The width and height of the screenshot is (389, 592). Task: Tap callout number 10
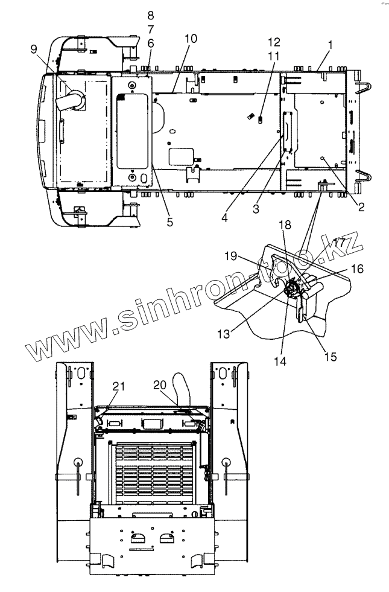(x=191, y=38)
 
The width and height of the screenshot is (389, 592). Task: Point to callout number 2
(x=361, y=207)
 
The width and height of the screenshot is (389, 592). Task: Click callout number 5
(x=170, y=221)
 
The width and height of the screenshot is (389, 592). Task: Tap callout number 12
(x=274, y=42)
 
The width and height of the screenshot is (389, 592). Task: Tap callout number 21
(x=118, y=386)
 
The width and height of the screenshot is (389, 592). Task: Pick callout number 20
(x=159, y=384)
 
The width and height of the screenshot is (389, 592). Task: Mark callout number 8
(x=150, y=14)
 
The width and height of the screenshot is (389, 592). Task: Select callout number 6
(x=150, y=43)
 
